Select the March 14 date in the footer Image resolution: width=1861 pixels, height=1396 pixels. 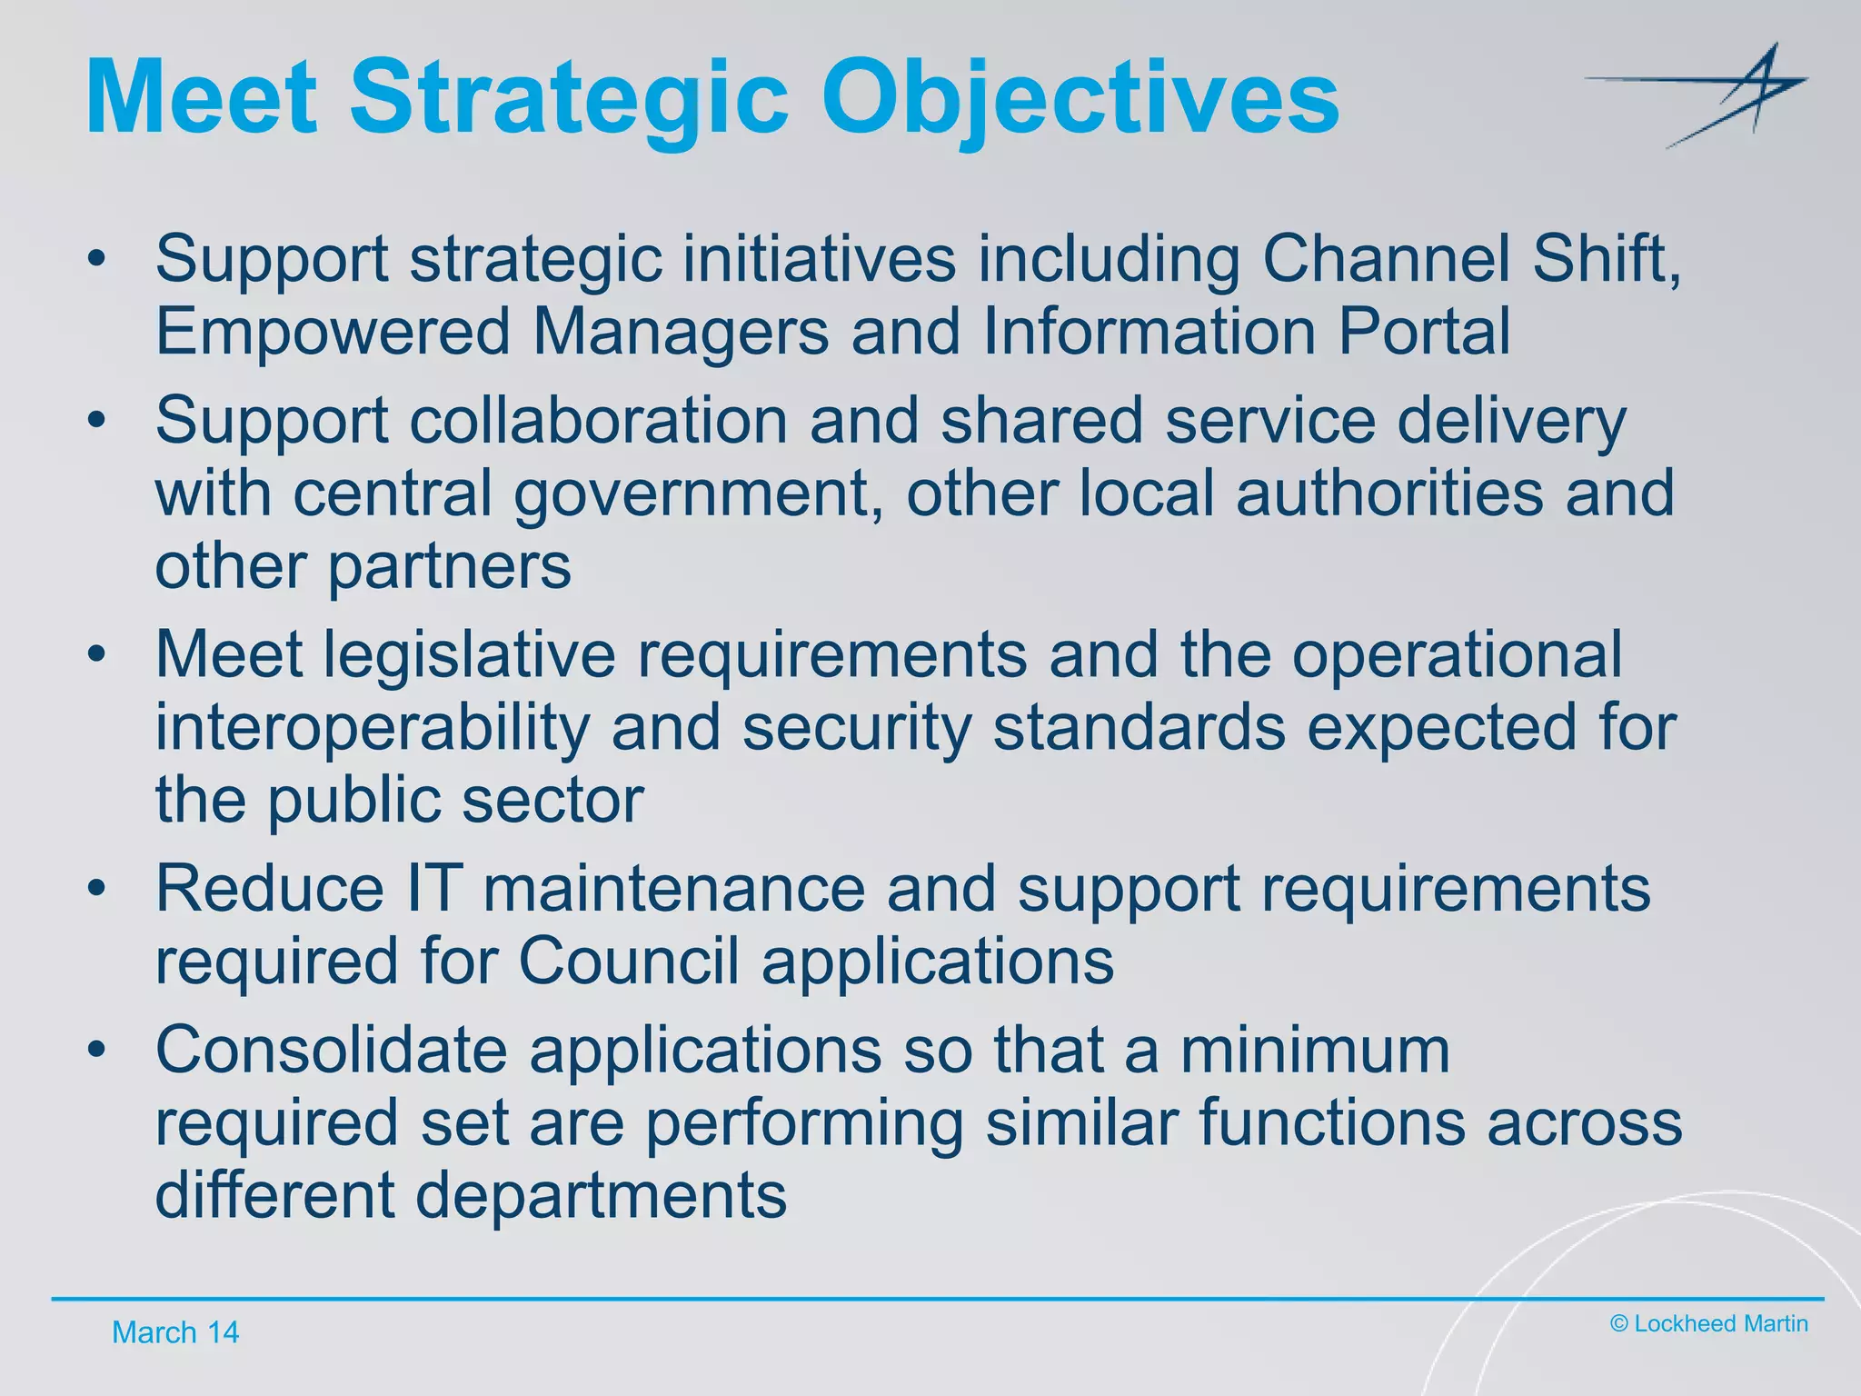(174, 1332)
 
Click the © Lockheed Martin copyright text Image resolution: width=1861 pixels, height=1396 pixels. (1708, 1323)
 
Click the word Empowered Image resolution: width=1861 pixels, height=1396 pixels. (333, 331)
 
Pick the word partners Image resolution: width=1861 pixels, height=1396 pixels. (449, 566)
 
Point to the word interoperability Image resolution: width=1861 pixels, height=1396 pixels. (372, 727)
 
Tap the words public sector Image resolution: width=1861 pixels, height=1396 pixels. (454, 800)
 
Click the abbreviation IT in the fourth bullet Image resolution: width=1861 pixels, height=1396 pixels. (434, 888)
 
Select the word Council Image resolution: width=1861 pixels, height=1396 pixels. (628, 961)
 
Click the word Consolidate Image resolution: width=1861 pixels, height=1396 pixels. (331, 1049)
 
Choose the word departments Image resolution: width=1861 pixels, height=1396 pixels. (600, 1194)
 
